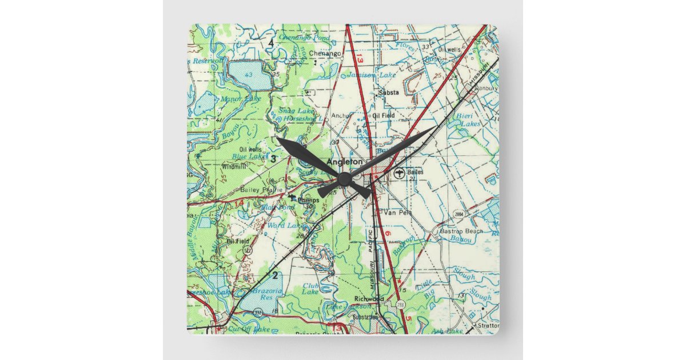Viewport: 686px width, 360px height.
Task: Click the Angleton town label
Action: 344,162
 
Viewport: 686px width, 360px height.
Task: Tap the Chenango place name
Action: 325,53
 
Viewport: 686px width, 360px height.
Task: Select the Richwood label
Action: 369,299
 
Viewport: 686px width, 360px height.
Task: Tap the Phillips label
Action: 308,199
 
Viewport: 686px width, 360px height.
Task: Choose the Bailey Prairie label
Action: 262,189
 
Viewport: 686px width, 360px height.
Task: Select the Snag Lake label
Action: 292,110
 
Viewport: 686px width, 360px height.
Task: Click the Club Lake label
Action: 310,289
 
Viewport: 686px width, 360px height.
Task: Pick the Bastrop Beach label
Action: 461,231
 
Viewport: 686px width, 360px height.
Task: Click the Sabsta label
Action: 388,92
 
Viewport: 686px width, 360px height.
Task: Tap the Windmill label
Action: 234,167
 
